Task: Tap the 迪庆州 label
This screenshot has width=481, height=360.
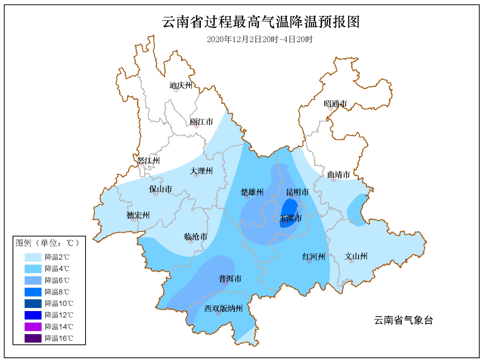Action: click(x=181, y=85)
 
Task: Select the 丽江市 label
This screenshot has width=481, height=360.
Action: click(x=201, y=121)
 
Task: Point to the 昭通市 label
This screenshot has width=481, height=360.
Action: click(x=335, y=104)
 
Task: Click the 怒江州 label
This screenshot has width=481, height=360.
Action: click(x=148, y=161)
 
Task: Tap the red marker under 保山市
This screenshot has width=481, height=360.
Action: click(x=155, y=194)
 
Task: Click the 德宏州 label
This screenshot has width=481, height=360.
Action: click(x=138, y=215)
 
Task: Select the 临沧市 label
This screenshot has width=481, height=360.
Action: click(x=196, y=237)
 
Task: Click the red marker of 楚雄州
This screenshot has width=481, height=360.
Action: click(x=247, y=196)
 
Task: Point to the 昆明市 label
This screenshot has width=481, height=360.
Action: click(x=297, y=192)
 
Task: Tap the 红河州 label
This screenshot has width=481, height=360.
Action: click(x=314, y=257)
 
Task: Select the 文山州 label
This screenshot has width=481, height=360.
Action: click(x=356, y=256)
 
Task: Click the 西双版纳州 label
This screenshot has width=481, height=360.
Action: click(x=223, y=308)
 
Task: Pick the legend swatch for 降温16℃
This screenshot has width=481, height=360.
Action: click(x=34, y=338)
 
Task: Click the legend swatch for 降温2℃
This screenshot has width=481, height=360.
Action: click(x=34, y=257)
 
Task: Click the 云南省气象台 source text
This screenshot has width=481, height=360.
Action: click(x=403, y=320)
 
